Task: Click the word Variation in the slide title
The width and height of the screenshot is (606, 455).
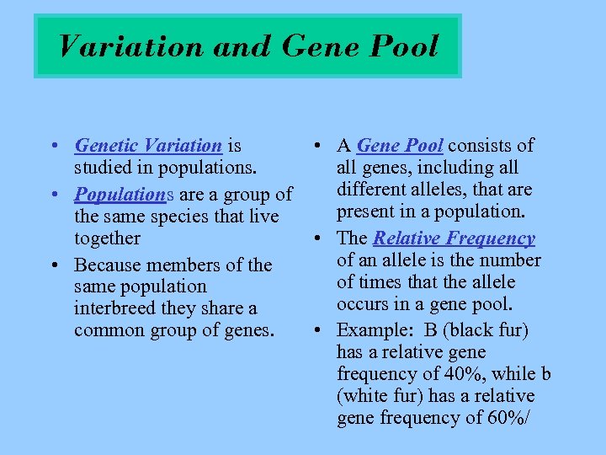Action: click(131, 45)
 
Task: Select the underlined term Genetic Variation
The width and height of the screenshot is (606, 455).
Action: click(148, 146)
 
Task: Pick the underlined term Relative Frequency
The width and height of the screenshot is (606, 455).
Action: click(454, 238)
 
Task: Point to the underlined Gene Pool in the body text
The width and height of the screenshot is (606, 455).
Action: click(400, 146)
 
